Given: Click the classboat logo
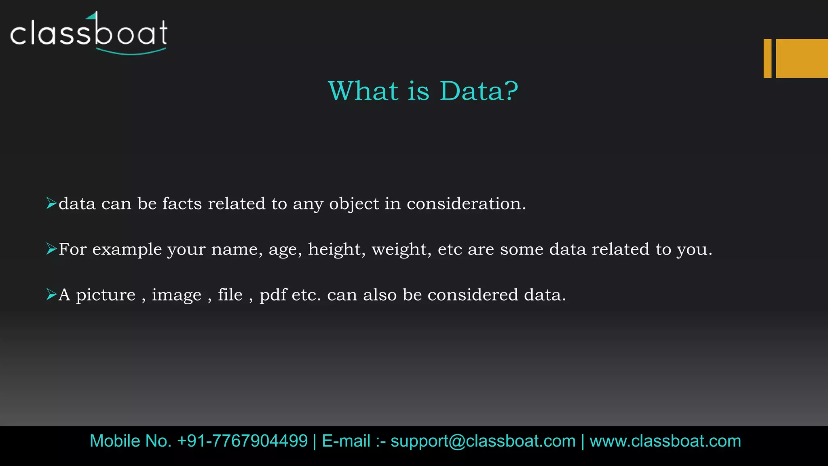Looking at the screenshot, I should [x=89, y=33].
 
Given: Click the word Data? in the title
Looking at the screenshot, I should [x=479, y=91].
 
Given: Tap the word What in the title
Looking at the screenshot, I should [x=363, y=91].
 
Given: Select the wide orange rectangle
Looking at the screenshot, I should [x=802, y=58].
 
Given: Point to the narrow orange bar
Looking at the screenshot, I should [x=767, y=58].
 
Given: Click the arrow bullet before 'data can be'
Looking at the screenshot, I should [x=51, y=203].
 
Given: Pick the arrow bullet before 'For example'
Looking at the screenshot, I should [x=51, y=249].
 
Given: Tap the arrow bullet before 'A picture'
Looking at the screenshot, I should [x=51, y=294].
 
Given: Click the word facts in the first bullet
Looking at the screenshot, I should [x=182, y=203].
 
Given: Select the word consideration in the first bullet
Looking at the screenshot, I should [x=466, y=203].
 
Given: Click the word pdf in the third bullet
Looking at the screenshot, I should [x=273, y=295].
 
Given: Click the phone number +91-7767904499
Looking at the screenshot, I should [x=243, y=441].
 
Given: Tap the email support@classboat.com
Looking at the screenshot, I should [x=483, y=441].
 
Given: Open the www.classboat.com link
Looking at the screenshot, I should [x=665, y=441].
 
